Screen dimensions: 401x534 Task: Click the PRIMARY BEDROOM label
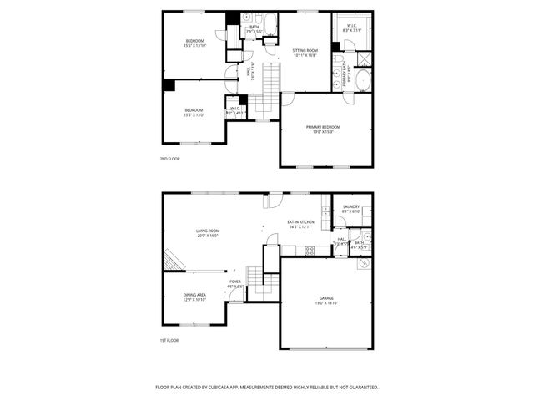pos(323,127)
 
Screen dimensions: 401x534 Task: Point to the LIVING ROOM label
pos(207,231)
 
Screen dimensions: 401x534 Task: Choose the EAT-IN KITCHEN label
pos(301,222)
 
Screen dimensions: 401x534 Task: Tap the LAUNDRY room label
pos(350,207)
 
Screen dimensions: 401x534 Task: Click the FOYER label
pos(235,282)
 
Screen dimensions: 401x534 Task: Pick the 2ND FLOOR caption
pos(170,158)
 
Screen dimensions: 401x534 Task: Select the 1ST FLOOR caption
pos(170,340)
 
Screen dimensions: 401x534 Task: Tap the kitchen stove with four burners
pos(310,250)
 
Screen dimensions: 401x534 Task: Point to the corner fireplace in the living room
pos(172,261)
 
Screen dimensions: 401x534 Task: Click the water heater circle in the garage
pos(364,264)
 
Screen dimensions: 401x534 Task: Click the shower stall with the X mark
pos(365,59)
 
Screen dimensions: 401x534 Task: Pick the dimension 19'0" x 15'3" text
pos(323,132)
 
